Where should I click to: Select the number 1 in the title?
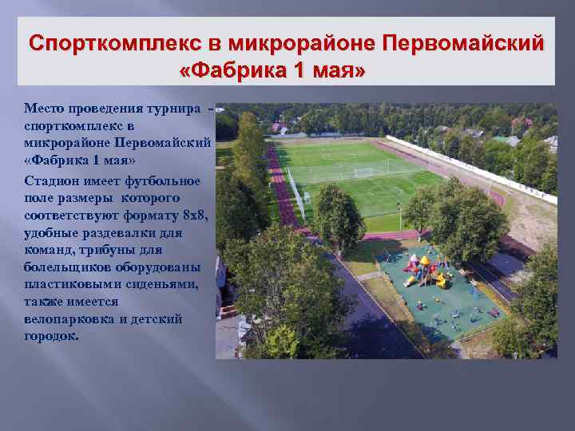pos(299,71)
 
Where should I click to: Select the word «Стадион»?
pos(50,180)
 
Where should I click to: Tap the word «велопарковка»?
pos(69,319)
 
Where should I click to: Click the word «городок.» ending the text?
pos(52,336)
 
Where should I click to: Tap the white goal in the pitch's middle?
pos(364,172)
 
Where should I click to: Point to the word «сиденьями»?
pos(165,285)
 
